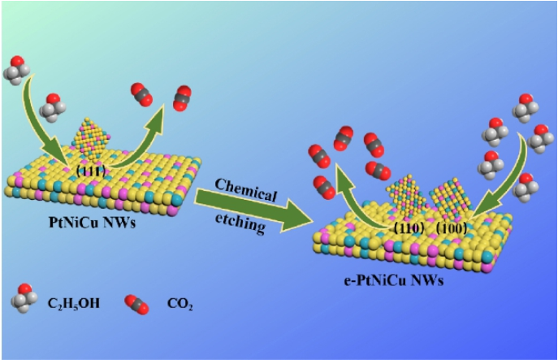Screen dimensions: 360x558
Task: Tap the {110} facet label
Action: [x=406, y=228]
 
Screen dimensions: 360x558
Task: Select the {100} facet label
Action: [x=452, y=228]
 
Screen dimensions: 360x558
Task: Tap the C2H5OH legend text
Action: [x=70, y=306]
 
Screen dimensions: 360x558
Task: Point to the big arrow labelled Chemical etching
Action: [x=252, y=206]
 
